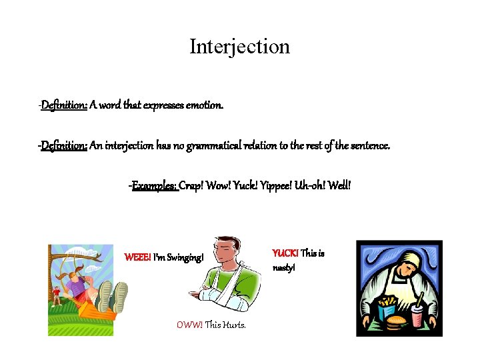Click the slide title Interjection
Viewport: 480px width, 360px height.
click(239, 47)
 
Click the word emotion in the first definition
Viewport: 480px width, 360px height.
click(205, 105)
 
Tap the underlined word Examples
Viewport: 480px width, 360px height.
click(154, 185)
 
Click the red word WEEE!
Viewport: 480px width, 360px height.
click(137, 257)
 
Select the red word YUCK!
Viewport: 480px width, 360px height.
click(285, 253)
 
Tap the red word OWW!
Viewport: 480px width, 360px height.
click(189, 325)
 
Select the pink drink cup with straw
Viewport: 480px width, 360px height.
click(417, 315)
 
